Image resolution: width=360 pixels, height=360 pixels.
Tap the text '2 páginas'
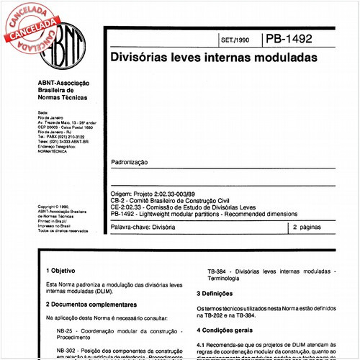(x=308, y=227)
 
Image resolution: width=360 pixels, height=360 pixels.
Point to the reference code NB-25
(x=67, y=330)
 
